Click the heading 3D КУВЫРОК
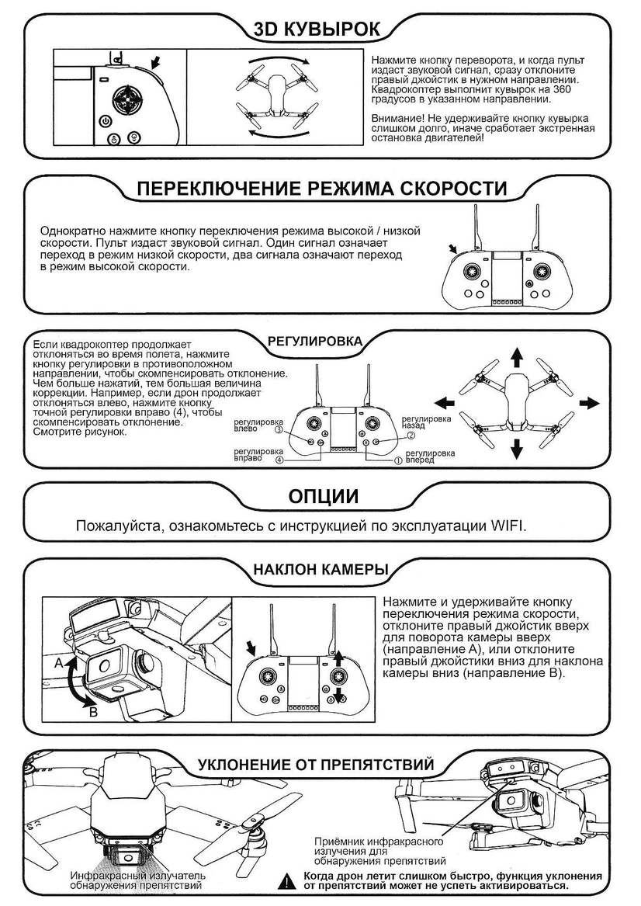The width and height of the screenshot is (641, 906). [317, 30]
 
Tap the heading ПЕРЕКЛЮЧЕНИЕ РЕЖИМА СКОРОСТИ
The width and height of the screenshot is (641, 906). [321, 189]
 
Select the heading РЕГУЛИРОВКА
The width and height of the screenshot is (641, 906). [315, 341]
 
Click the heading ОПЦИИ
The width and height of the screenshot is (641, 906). [323, 496]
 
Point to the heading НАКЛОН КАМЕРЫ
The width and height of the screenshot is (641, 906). [320, 570]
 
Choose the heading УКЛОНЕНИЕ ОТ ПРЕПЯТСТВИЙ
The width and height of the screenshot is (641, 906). [316, 765]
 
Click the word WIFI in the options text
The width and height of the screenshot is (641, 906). [508, 526]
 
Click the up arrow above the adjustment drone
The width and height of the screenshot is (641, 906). [517, 358]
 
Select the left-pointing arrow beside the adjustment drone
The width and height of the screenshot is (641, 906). [444, 403]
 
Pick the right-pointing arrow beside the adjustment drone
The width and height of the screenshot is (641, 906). [589, 403]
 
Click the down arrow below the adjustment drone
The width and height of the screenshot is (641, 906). [517, 449]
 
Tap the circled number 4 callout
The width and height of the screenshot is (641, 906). [279, 460]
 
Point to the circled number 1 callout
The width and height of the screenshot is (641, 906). [398, 460]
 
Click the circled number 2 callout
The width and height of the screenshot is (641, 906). [411, 435]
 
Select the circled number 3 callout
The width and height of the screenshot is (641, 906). [279, 429]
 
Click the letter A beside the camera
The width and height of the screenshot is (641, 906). [58, 664]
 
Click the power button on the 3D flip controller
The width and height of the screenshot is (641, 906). [105, 121]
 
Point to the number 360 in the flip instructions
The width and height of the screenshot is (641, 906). [563, 89]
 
